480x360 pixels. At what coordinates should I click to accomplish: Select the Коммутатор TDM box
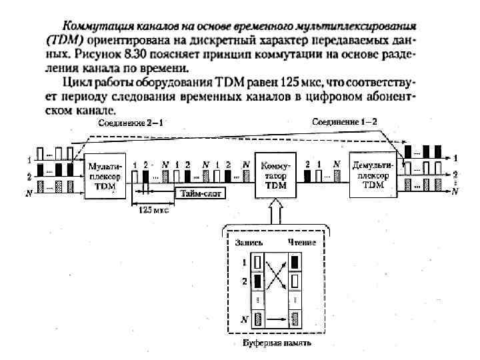(272, 175)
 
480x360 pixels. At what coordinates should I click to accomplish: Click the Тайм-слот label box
(200, 193)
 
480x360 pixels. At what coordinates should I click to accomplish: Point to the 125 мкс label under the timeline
(153, 209)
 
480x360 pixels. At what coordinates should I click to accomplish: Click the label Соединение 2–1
(131, 123)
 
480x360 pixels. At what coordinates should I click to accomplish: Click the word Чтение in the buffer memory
(301, 243)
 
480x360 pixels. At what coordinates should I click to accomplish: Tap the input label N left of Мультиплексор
(29, 193)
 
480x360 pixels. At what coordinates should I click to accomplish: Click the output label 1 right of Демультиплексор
(455, 159)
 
